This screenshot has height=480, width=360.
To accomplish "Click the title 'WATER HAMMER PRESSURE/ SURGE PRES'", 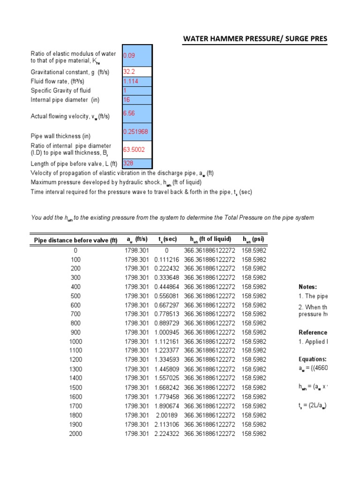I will tap(255, 38).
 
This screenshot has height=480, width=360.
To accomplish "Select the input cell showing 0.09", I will tap(137, 55).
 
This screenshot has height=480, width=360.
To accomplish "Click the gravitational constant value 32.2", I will tap(137, 72).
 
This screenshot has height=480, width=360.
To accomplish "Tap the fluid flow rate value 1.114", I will tap(137, 82).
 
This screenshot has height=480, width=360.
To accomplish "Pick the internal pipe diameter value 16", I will tap(137, 100).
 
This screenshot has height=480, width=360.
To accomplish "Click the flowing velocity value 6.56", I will tap(137, 113).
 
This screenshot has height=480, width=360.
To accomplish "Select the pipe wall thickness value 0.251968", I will tap(137, 132).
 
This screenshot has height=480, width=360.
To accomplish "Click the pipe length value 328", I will tap(137, 164).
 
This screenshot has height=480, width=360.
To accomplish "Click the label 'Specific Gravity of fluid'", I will tap(61, 90).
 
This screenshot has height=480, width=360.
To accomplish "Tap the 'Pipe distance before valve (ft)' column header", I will tap(75, 240).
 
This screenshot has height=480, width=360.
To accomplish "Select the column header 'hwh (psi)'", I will tap(253, 240).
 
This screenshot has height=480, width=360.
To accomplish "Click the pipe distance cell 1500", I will tap(75, 388).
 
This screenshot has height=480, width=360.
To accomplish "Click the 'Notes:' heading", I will tap(307, 287).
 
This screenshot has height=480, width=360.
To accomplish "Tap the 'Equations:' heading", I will tap(313, 360).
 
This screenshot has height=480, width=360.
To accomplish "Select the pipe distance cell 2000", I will tap(75, 434).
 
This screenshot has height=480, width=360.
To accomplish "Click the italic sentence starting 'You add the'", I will tap(172, 218).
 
